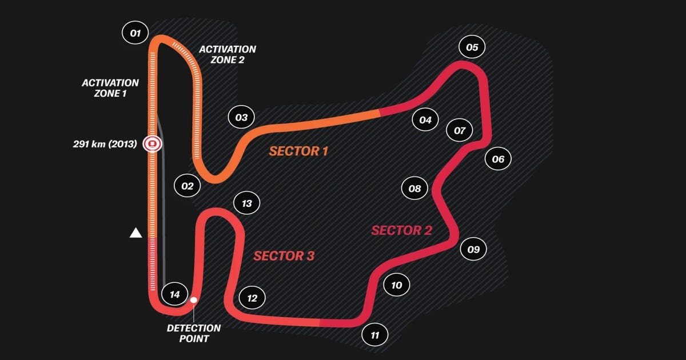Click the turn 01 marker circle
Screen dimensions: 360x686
(135, 33)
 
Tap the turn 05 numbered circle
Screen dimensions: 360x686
(472, 47)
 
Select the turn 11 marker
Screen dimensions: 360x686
(375, 335)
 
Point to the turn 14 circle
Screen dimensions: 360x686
(175, 294)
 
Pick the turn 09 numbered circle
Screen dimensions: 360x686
(473, 249)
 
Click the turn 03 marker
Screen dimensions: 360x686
(241, 118)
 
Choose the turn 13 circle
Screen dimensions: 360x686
(247, 203)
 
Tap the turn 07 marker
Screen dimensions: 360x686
(460, 130)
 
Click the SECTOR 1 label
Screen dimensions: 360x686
(298, 151)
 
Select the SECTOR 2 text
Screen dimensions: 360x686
(401, 230)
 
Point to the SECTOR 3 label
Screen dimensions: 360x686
(284, 255)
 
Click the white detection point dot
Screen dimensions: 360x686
(194, 299)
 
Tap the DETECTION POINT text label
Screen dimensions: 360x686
(194, 333)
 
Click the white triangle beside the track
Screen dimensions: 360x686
(135, 233)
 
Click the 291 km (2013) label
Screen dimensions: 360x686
(105, 144)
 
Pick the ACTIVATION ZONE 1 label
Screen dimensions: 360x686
(110, 88)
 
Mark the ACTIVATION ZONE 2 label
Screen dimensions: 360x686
(228, 54)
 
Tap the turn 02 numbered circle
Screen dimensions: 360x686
(188, 186)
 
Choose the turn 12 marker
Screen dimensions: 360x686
(253, 298)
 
